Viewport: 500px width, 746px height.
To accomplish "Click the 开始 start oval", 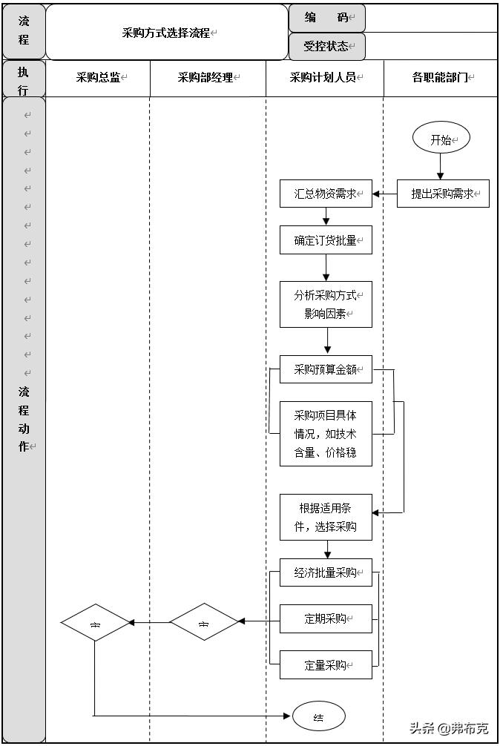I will [x=441, y=139].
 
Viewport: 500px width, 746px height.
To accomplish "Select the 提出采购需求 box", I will [x=443, y=194].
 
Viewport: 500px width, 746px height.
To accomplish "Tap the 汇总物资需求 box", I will [x=326, y=194].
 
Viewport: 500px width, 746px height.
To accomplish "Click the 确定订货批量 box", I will [x=326, y=240].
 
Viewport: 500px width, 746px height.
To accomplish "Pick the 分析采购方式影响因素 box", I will [x=326, y=304].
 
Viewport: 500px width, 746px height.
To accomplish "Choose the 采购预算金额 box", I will [x=326, y=369].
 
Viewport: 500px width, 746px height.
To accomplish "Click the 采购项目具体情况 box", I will [x=326, y=434].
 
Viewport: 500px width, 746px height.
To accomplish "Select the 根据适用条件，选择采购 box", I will [x=326, y=517].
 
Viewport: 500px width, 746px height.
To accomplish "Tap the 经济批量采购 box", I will [x=326, y=572].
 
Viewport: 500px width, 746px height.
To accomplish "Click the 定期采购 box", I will [x=326, y=618].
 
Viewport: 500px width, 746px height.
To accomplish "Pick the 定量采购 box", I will [x=326, y=664].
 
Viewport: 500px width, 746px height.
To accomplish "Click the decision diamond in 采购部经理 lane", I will [x=204, y=622].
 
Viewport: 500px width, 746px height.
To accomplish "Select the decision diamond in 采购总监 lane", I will [x=95, y=622].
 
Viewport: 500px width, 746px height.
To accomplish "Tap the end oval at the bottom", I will [x=319, y=716].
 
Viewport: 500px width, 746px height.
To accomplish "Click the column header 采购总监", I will [x=99, y=77].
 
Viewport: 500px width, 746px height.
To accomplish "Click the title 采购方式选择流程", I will [x=166, y=33].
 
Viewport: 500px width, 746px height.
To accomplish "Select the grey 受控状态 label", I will [x=326, y=46].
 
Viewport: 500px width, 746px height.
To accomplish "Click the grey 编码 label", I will [x=326, y=18].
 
